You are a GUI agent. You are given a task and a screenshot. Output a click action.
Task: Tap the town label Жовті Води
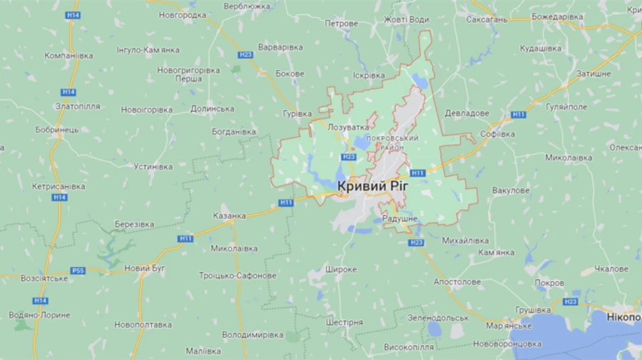[x=407, y=20]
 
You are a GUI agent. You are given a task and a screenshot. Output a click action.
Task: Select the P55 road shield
[x=78, y=270]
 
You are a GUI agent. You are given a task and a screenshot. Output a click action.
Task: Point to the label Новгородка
[x=183, y=14]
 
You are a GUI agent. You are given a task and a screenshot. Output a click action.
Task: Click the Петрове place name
[x=341, y=24]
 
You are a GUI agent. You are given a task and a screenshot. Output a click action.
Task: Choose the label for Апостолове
[x=457, y=282]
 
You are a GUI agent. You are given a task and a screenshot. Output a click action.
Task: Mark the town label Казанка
[x=229, y=215]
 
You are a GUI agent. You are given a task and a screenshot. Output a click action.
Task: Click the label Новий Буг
[x=145, y=267]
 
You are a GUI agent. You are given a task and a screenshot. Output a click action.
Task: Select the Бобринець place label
[x=56, y=130]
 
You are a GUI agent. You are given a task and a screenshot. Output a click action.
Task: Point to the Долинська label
[x=212, y=108]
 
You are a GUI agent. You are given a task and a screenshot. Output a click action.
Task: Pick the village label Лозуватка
[x=347, y=127]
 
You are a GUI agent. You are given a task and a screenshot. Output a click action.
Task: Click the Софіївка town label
[x=497, y=133]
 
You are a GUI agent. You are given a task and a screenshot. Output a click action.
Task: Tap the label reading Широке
[x=340, y=269]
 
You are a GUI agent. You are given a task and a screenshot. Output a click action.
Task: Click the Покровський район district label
[x=391, y=141]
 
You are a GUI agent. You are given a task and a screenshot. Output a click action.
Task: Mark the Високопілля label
[x=409, y=347]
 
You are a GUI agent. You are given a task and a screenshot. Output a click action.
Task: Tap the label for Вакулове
[x=511, y=190]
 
